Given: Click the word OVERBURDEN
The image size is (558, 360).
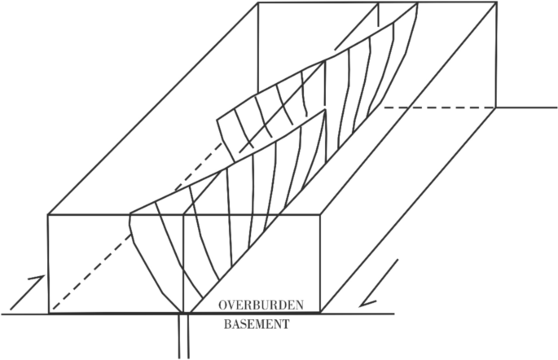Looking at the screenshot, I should coord(261,305).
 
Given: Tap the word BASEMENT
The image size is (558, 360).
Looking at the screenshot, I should coord(257,323).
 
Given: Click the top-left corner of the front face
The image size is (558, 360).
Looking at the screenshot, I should coord(48,215).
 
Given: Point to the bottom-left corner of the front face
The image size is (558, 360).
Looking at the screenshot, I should coord(48,313).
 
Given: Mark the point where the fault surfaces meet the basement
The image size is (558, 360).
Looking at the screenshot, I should coord(187,313).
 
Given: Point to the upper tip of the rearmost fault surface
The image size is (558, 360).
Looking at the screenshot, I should coord(417,6).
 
